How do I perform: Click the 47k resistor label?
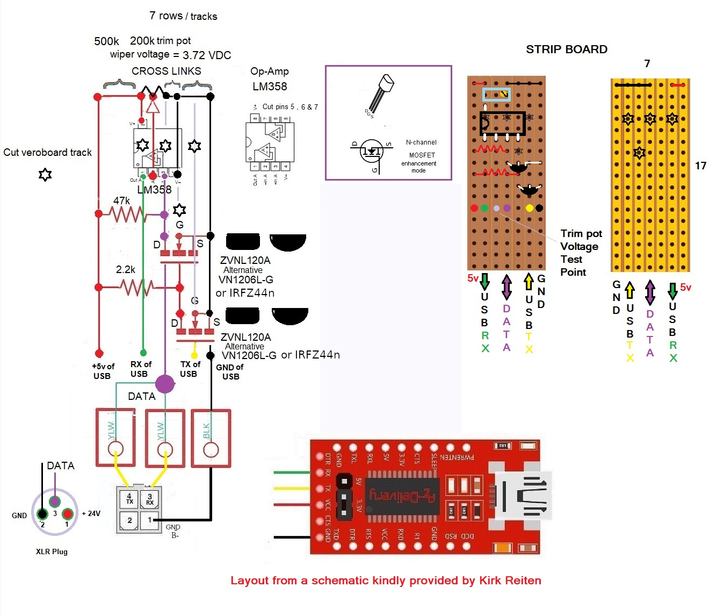coord(121,200)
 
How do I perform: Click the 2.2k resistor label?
coord(126,269)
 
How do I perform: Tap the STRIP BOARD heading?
coord(567,49)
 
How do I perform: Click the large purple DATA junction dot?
coord(165,384)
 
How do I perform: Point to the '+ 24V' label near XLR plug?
coord(91,513)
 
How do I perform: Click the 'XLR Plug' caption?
coord(52,551)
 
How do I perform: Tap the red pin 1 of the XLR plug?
coord(67,514)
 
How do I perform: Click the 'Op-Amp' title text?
coord(270,71)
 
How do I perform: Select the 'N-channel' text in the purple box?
coord(421,142)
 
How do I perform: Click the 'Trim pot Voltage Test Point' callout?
coord(581,253)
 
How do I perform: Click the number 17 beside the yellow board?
coord(700,166)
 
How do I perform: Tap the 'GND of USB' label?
coord(230,371)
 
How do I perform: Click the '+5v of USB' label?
coord(103,371)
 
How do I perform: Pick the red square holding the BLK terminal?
coord(211,438)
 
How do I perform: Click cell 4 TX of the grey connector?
coord(129,499)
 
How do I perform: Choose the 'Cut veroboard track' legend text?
coord(47,152)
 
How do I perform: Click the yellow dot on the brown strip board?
coord(529,208)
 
